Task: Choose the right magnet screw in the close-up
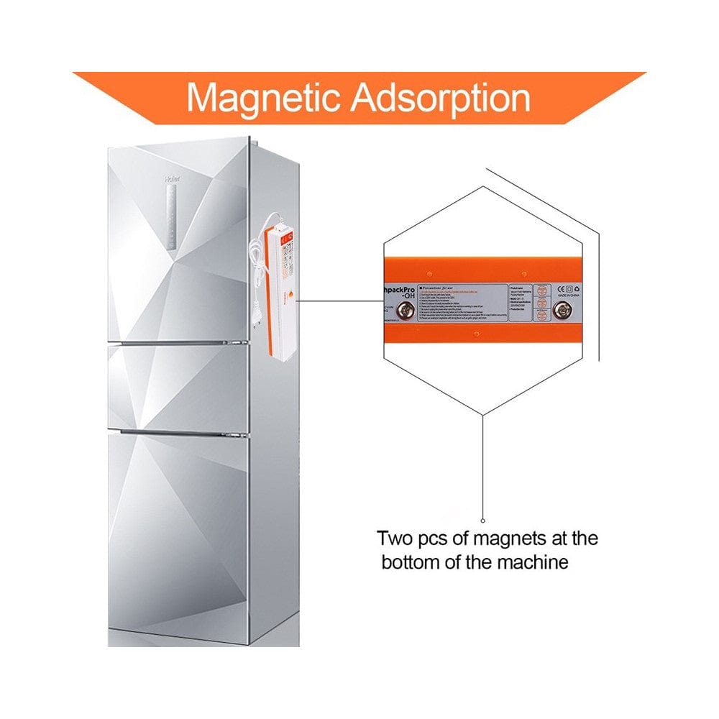click(562, 311)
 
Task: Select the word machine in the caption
click(533, 562)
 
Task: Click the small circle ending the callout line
click(483, 521)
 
